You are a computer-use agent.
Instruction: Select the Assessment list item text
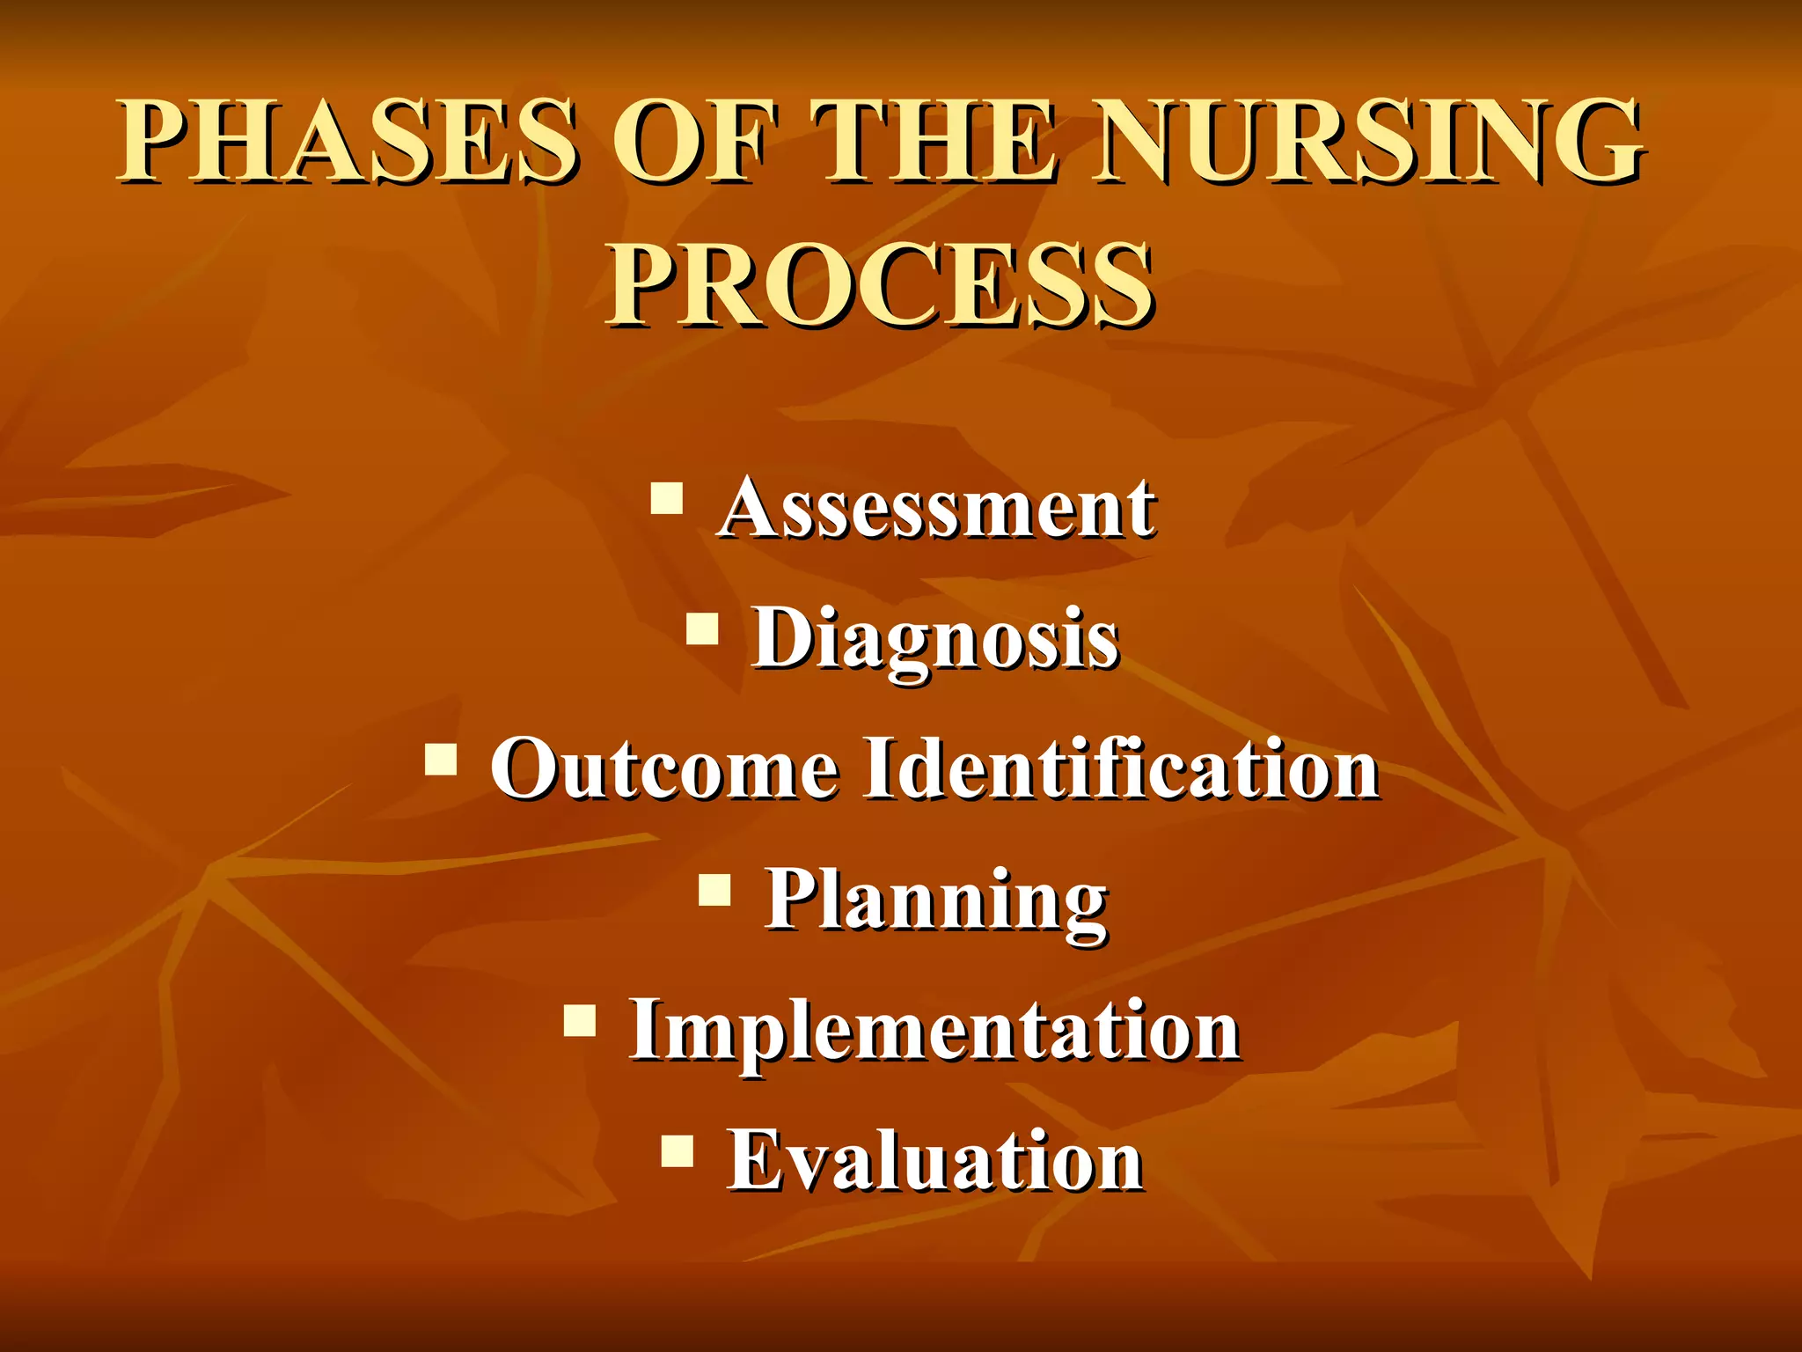point(937,508)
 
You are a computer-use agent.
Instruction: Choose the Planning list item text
point(936,900)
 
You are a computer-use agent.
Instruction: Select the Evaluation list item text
point(935,1160)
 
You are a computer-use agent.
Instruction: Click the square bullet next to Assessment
point(667,498)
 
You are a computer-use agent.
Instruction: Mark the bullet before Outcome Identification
point(441,759)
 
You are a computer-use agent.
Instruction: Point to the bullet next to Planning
point(715,890)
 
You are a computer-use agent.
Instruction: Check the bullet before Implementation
point(580,1021)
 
